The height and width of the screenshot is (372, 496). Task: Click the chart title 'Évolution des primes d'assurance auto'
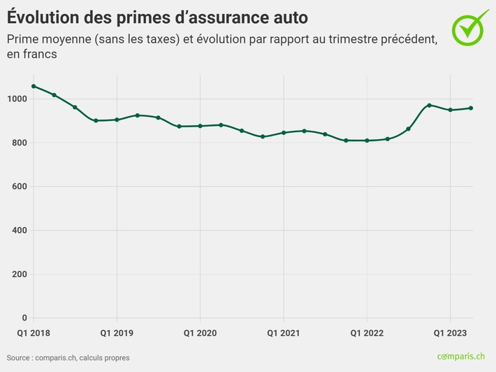(x=157, y=16)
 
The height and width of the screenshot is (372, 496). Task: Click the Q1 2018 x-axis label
(x=34, y=334)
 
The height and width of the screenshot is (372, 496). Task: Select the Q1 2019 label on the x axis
(x=117, y=334)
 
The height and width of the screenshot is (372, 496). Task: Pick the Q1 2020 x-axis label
(x=200, y=334)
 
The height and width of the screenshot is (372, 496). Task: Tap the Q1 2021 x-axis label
(x=283, y=334)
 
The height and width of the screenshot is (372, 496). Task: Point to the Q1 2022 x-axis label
(x=366, y=334)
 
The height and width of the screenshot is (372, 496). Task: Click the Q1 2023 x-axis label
(x=449, y=334)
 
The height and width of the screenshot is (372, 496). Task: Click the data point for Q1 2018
(x=34, y=86)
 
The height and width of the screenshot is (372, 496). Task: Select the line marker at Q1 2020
(x=200, y=126)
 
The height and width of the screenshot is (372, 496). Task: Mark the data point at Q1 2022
(x=366, y=141)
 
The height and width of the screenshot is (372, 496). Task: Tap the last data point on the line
(x=471, y=108)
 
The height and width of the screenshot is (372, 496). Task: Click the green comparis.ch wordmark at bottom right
(x=461, y=357)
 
